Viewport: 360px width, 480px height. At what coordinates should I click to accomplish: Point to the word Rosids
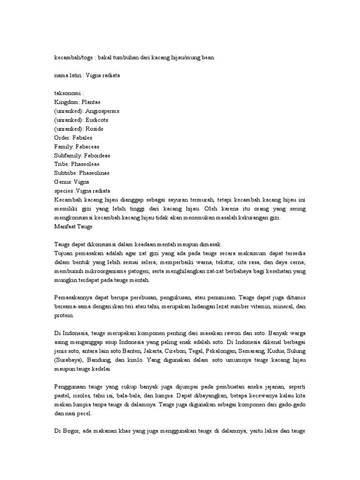coord(94,129)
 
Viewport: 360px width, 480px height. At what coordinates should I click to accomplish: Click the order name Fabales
coord(82,138)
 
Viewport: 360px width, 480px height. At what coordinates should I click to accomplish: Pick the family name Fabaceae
coord(84,147)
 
